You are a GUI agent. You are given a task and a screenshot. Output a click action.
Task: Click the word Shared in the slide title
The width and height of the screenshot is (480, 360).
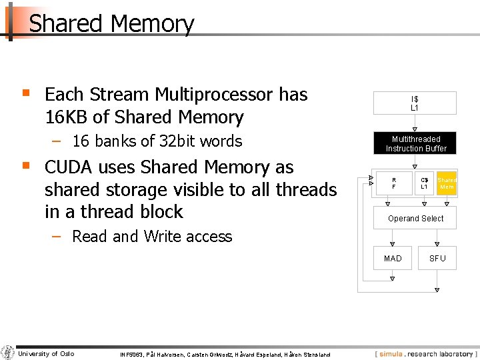(x=66, y=24)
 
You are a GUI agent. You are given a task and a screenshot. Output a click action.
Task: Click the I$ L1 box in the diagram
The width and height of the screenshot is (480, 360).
(x=415, y=103)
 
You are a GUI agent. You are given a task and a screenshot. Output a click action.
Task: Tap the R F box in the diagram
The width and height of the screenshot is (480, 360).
(x=393, y=183)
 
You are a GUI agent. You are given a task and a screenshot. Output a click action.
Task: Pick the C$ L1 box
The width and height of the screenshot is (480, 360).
(x=424, y=183)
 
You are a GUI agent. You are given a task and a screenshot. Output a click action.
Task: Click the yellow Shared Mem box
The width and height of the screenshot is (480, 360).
(x=447, y=183)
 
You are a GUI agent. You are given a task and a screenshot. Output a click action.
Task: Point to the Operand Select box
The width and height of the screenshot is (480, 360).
(x=415, y=219)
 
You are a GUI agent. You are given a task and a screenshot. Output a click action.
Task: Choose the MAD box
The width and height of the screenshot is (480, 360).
(x=393, y=258)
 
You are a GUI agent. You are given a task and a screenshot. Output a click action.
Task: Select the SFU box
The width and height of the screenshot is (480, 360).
(x=437, y=258)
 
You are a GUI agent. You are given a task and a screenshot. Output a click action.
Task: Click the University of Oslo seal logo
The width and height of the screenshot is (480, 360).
(x=7, y=353)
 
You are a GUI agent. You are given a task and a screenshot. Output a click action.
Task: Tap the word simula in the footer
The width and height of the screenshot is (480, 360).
(x=391, y=353)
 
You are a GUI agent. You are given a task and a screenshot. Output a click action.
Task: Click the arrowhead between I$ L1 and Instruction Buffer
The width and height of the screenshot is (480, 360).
(x=415, y=129)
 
